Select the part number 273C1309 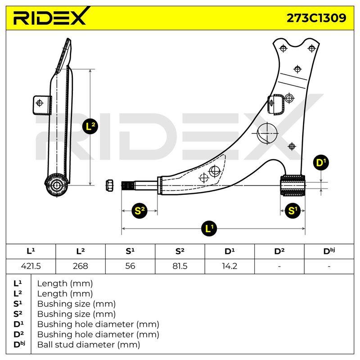click(x=316, y=18)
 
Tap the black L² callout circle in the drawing click(x=90, y=126)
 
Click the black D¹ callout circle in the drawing click(x=321, y=162)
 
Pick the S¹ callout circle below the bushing click(x=292, y=211)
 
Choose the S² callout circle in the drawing click(x=139, y=211)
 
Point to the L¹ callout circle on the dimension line click(x=209, y=229)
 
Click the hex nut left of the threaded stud click(x=110, y=185)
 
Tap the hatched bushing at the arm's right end click(x=293, y=185)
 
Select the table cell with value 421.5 click(x=31, y=266)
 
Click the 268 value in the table click(x=81, y=266)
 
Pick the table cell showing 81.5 click(x=180, y=266)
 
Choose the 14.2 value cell click(x=229, y=266)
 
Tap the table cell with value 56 click(x=130, y=266)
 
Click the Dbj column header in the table click(x=329, y=251)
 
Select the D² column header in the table click(x=279, y=251)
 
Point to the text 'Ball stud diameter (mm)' click(x=89, y=345)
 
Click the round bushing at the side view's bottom click(x=56, y=185)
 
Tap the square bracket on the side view click(x=42, y=105)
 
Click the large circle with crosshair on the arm click(x=267, y=133)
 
